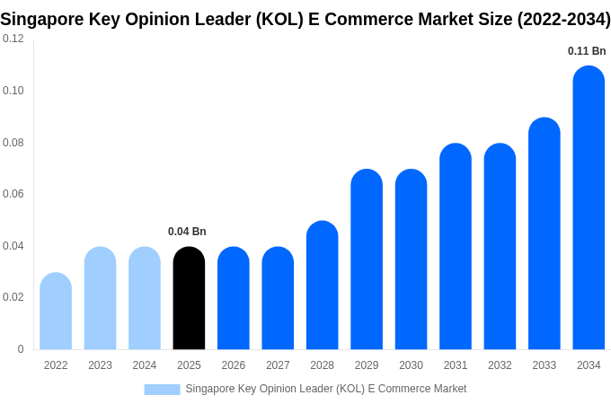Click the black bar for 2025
pyautogui.click(x=189, y=298)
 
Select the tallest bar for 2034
pyautogui.click(x=589, y=208)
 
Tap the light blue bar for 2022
pyautogui.click(x=56, y=312)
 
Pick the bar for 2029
pyautogui.click(x=367, y=259)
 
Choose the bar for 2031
pyautogui.click(x=456, y=247)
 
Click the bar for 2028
pyautogui.click(x=322, y=285)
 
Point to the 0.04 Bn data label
pyautogui.click(x=187, y=232)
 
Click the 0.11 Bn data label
pyautogui.click(x=587, y=51)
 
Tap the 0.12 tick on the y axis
pyautogui.click(x=13, y=39)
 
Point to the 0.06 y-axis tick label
pyautogui.click(x=13, y=194)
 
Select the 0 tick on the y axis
pyautogui.click(x=21, y=349)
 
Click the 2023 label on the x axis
pyautogui.click(x=100, y=365)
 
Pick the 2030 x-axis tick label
pyautogui.click(x=411, y=365)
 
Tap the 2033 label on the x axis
pyautogui.click(x=544, y=365)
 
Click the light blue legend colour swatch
pyautogui.click(x=162, y=389)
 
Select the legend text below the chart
pyautogui.click(x=325, y=389)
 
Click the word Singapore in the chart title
pyautogui.click(x=41, y=19)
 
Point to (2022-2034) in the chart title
pyautogui.click(x=563, y=19)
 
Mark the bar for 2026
pyautogui.click(x=234, y=298)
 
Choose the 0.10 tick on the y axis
pyautogui.click(x=13, y=91)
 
